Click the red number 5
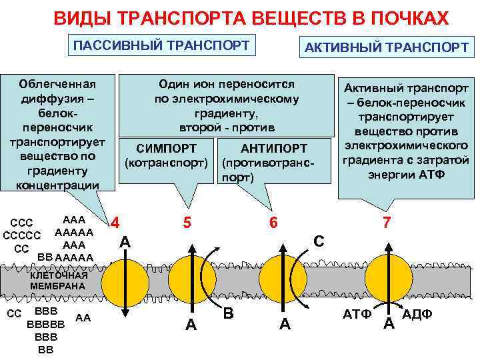pyautogui.click(x=187, y=223)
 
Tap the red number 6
pyautogui.click(x=273, y=223)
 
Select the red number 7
pyautogui.click(x=386, y=223)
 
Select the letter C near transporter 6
pyautogui.click(x=319, y=241)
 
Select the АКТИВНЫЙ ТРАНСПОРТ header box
pyautogui.click(x=386, y=47)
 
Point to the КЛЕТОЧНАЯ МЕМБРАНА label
pyautogui.click(x=59, y=281)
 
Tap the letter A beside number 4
pyautogui.click(x=125, y=242)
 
